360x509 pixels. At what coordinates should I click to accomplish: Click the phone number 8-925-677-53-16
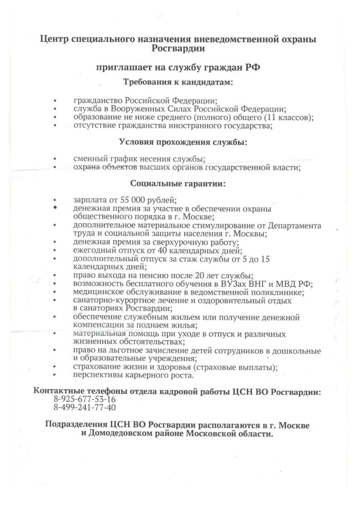coord(84,399)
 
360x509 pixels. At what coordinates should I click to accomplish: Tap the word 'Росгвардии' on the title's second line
coord(178,49)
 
